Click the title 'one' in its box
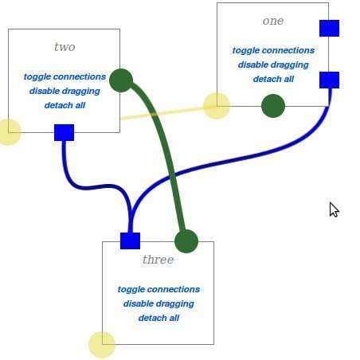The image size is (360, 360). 273,21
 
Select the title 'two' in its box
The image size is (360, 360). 65,47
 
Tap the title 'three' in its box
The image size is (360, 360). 158,260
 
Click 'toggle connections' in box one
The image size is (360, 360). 273,50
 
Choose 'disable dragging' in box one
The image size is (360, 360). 273,65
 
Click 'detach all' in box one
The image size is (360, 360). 273,79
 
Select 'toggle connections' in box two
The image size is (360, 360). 65,76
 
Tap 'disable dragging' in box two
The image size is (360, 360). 65,91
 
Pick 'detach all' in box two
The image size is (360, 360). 65,105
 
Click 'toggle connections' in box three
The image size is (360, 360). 158,289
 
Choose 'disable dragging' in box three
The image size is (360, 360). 158,303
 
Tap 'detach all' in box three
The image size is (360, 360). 158,318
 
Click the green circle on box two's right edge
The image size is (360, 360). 121,80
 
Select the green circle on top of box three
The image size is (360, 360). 186,241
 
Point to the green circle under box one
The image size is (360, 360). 273,106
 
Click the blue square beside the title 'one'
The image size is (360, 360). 329,28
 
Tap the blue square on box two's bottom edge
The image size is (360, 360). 64,132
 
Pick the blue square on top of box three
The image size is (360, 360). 130,241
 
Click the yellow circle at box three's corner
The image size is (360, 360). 102,345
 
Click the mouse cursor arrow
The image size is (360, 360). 334,209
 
